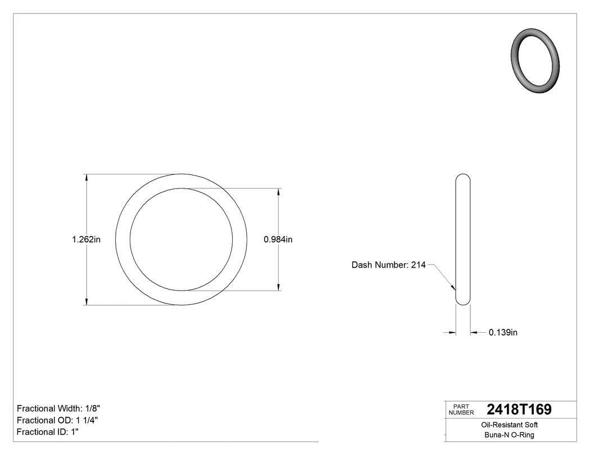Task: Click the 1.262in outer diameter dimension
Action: pyautogui.click(x=86, y=240)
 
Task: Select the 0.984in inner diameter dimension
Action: pyautogui.click(x=278, y=240)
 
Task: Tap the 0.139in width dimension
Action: pyautogui.click(x=503, y=333)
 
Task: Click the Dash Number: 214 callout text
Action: pyautogui.click(x=388, y=265)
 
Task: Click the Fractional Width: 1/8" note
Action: pyautogui.click(x=58, y=408)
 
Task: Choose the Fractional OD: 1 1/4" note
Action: pyautogui.click(x=58, y=420)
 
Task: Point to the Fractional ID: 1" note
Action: pyautogui.click(x=48, y=432)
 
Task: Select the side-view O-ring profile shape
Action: pyautogui.click(x=462, y=240)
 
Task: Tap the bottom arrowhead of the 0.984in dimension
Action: pyautogui.click(x=278, y=288)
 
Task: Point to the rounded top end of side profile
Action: pyautogui.click(x=462, y=176)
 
